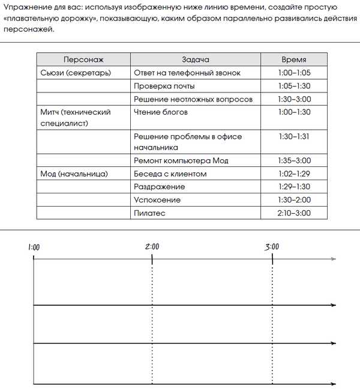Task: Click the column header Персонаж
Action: pyautogui.click(x=83, y=59)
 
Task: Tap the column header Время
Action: pyautogui.click(x=293, y=59)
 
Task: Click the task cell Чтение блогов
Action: pyautogui.click(x=161, y=112)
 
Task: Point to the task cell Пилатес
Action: pyautogui.click(x=149, y=213)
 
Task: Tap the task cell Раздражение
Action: pyautogui.click(x=159, y=187)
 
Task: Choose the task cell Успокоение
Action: pyautogui.click(x=157, y=199)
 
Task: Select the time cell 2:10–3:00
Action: pyautogui.click(x=294, y=213)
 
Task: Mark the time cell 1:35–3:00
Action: pyautogui.click(x=294, y=160)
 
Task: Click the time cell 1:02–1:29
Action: pyautogui.click(x=294, y=174)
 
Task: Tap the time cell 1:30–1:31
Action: pyautogui.click(x=294, y=136)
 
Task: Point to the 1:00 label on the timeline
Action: pyautogui.click(x=34, y=247)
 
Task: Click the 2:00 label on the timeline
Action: pyautogui.click(x=152, y=246)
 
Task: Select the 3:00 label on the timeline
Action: pyautogui.click(x=272, y=246)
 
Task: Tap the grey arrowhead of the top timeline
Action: pyautogui.click(x=333, y=259)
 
